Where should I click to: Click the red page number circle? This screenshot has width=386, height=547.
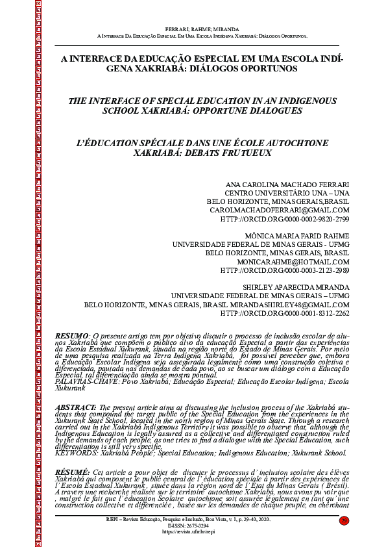tap(344, 520)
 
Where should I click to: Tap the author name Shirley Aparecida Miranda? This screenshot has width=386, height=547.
tap(296, 286)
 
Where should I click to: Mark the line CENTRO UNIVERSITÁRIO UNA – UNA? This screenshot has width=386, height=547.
tap(287, 193)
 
